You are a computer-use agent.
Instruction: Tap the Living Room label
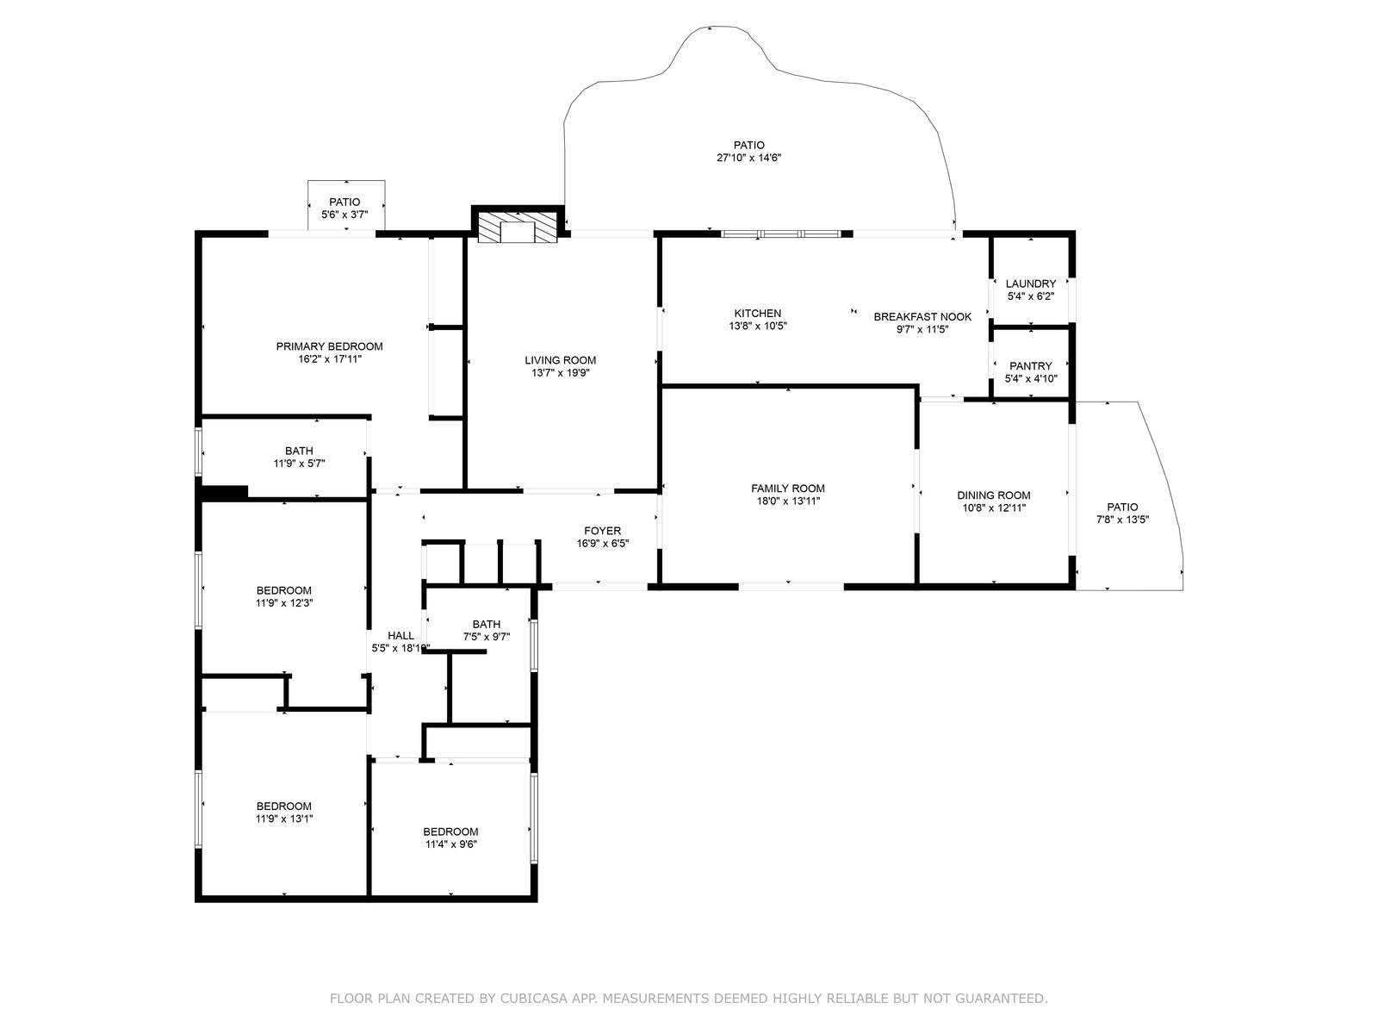point(560,359)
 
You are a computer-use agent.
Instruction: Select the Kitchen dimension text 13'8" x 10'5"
point(758,326)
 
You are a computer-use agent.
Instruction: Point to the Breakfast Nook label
point(922,316)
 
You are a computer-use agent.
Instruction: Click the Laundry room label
point(1030,283)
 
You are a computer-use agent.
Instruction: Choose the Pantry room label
point(1030,365)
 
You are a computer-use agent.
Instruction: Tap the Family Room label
point(788,488)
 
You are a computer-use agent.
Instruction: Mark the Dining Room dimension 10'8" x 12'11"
point(994,508)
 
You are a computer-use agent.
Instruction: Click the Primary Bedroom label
point(329,346)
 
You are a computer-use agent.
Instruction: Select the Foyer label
point(602,531)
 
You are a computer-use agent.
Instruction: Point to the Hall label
point(400,635)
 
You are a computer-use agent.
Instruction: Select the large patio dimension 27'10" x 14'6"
point(748,158)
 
